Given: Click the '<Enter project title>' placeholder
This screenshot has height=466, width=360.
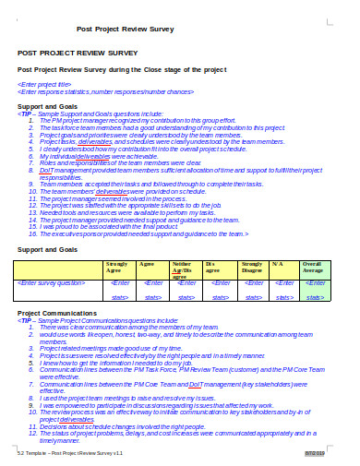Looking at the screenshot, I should point(46,83).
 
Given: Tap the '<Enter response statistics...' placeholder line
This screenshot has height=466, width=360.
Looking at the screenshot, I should point(105,91).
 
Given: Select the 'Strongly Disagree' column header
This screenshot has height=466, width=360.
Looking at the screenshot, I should point(252,269).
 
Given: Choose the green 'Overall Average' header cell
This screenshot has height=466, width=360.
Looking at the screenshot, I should point(315,269).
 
